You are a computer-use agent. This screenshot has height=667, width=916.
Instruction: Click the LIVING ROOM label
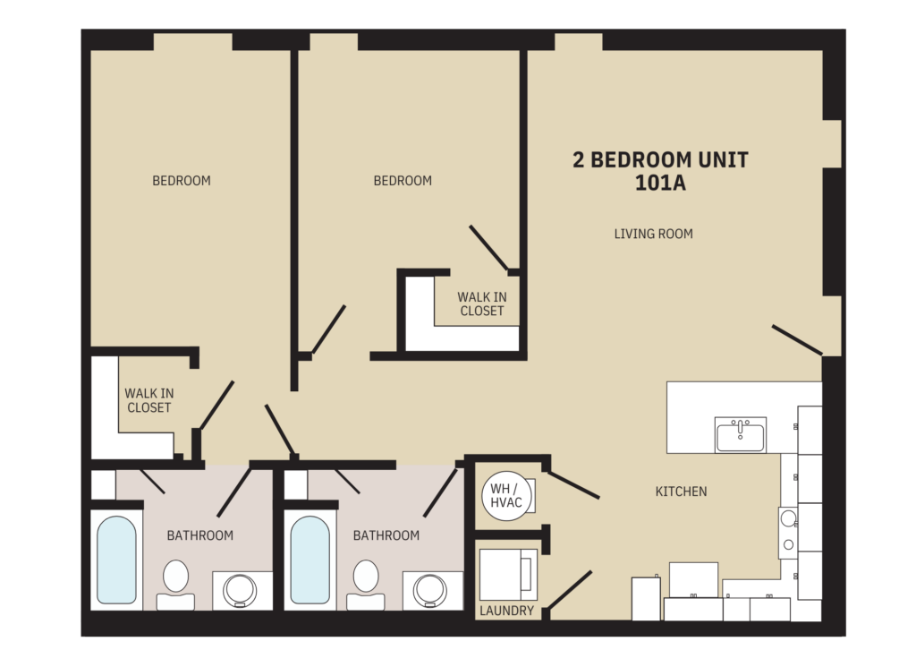click(653, 235)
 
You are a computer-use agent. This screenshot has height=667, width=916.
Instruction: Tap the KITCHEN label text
click(681, 492)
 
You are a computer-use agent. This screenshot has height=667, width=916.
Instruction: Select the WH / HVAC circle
click(506, 497)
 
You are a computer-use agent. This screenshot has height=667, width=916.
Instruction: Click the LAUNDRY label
click(506, 611)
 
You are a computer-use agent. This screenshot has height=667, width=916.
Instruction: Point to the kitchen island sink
click(741, 435)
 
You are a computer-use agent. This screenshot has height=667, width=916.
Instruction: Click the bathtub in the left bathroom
click(116, 560)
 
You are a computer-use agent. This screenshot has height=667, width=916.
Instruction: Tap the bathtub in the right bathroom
click(310, 560)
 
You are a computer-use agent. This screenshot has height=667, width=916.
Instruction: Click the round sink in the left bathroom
click(239, 590)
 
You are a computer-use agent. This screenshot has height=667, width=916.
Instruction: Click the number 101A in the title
click(660, 184)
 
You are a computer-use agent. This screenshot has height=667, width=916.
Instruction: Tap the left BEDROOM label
click(182, 181)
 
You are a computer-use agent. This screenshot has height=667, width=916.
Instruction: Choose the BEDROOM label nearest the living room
click(403, 181)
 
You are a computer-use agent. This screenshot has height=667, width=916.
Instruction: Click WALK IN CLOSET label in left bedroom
click(148, 400)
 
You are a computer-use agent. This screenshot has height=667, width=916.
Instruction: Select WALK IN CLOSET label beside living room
click(481, 304)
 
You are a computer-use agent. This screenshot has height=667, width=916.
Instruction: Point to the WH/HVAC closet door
click(572, 485)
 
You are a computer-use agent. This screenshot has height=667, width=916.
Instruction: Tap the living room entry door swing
click(797, 339)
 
